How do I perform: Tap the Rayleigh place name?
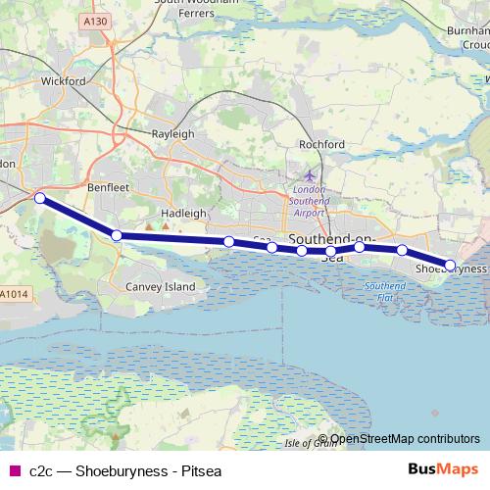(171, 133)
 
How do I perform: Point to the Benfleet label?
(109, 183)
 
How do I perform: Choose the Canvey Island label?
(161, 286)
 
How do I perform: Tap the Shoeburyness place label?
(452, 268)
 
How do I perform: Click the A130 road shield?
(96, 20)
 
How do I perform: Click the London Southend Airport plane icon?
(311, 174)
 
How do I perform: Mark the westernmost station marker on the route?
(40, 198)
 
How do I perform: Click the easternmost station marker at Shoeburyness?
(451, 265)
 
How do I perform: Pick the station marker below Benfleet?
(116, 235)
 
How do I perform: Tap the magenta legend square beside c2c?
(14, 470)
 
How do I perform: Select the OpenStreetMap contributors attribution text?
(406, 439)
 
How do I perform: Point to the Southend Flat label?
(379, 290)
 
